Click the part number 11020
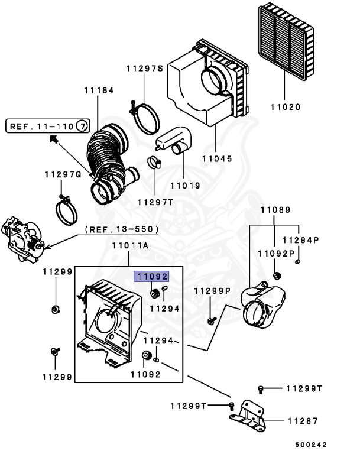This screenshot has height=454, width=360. pyautogui.click(x=286, y=107)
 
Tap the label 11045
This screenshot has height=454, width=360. pyautogui.click(x=217, y=158)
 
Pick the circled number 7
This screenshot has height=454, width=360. pyautogui.click(x=82, y=127)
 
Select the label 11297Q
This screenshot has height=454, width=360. pyautogui.click(x=63, y=174)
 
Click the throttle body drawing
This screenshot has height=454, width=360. pyautogui.click(x=22, y=239)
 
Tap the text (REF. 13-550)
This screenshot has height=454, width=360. pyautogui.click(x=122, y=229)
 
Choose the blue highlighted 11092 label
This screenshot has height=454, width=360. pyautogui.click(x=151, y=277)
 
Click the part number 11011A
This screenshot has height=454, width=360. pyautogui.click(x=130, y=245)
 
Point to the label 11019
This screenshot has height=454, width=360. pyautogui.click(x=186, y=186)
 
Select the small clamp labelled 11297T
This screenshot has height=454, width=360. pyautogui.click(x=154, y=163)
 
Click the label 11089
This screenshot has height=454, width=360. pyautogui.click(x=275, y=210)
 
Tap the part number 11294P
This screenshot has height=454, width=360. pyautogui.click(x=301, y=240)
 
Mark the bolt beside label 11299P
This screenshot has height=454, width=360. pyautogui.click(x=212, y=320)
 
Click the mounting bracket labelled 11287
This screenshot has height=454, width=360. pyautogui.click(x=248, y=416)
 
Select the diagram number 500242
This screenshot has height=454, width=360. pyautogui.click(x=311, y=445)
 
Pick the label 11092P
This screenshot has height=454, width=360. pyautogui.click(x=276, y=254)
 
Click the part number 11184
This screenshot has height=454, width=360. pyautogui.click(x=99, y=90)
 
